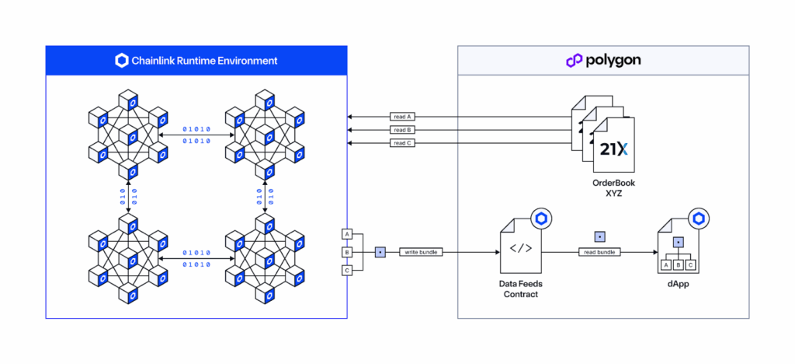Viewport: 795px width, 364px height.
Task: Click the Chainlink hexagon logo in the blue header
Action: (122, 61)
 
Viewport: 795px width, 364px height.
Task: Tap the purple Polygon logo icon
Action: (575, 61)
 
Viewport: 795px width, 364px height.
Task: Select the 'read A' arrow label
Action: (401, 117)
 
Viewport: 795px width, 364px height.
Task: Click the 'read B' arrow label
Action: (401, 130)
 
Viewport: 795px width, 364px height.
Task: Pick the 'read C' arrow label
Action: (401, 143)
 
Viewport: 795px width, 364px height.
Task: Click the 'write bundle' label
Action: (421, 252)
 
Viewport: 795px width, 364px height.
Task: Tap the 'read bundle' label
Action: (600, 252)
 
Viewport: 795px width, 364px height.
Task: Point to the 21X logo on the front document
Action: (613, 149)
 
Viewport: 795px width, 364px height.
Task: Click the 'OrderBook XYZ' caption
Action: (614, 188)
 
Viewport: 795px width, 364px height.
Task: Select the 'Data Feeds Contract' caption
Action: (520, 289)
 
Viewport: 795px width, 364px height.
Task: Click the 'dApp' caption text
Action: (679, 285)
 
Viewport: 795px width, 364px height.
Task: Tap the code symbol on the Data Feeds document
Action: (520, 248)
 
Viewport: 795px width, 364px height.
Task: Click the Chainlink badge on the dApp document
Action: (699, 219)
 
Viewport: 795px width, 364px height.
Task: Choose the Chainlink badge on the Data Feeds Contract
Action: (541, 219)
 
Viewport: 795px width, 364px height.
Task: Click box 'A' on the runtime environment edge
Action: (347, 234)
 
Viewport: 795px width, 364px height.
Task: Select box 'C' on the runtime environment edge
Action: (347, 271)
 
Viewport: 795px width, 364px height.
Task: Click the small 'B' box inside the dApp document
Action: (678, 265)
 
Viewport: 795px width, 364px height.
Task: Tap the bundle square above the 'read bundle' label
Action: (600, 237)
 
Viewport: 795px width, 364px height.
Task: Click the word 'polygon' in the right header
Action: (613, 61)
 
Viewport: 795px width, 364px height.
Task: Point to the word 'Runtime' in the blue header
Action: (194, 61)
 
